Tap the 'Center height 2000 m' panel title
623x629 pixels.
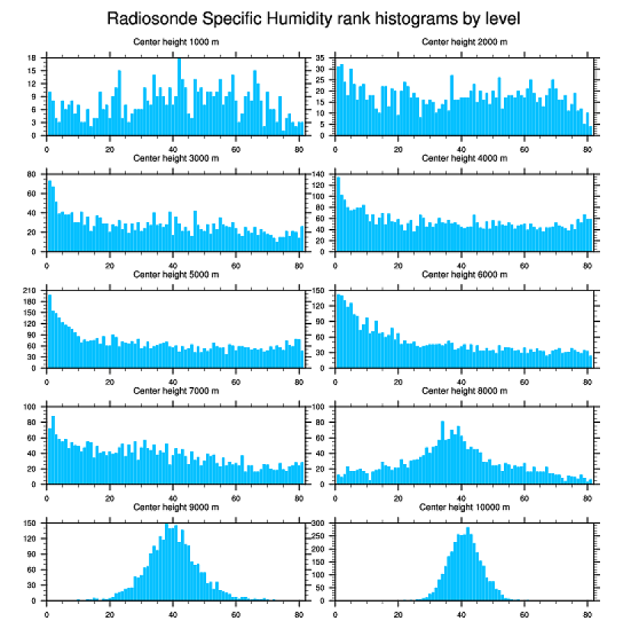(464, 42)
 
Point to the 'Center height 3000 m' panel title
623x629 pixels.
(176, 158)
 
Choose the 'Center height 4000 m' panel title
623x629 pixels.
(464, 158)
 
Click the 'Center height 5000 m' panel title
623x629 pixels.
(176, 274)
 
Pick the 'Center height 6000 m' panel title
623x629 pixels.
(464, 274)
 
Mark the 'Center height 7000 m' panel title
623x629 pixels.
(176, 390)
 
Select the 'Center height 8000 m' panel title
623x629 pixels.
(464, 390)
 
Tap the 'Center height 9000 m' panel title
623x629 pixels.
(176, 507)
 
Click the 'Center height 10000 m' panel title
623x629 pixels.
(464, 507)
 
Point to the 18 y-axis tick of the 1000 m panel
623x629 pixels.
(33, 58)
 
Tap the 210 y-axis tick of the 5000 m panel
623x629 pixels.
(31, 291)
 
